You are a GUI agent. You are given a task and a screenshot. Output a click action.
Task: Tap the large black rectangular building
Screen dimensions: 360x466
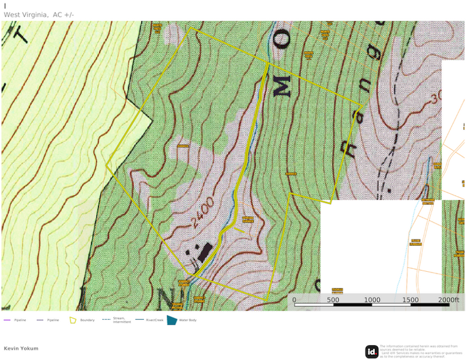tap(204, 252)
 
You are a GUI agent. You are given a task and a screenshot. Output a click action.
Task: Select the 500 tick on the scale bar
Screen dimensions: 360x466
tap(333, 300)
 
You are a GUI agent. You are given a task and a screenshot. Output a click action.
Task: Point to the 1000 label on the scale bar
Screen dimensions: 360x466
tap(372, 300)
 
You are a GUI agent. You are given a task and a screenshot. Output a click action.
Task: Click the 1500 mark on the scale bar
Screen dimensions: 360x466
tap(411, 300)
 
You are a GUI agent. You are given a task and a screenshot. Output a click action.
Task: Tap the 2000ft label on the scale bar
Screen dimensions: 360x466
tap(448, 300)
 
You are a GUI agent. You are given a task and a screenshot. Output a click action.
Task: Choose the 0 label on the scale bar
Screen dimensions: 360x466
tap(294, 300)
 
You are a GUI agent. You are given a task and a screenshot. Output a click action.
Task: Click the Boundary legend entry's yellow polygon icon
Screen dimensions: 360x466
tap(73, 320)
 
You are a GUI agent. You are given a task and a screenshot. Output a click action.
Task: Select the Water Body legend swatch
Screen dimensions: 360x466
tap(172, 320)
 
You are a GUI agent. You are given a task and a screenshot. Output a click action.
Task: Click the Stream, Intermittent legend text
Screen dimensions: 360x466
tap(122, 320)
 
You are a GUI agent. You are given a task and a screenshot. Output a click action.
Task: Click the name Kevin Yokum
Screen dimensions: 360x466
tap(21, 348)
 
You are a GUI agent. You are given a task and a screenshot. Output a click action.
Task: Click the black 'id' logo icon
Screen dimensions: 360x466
tap(372, 351)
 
